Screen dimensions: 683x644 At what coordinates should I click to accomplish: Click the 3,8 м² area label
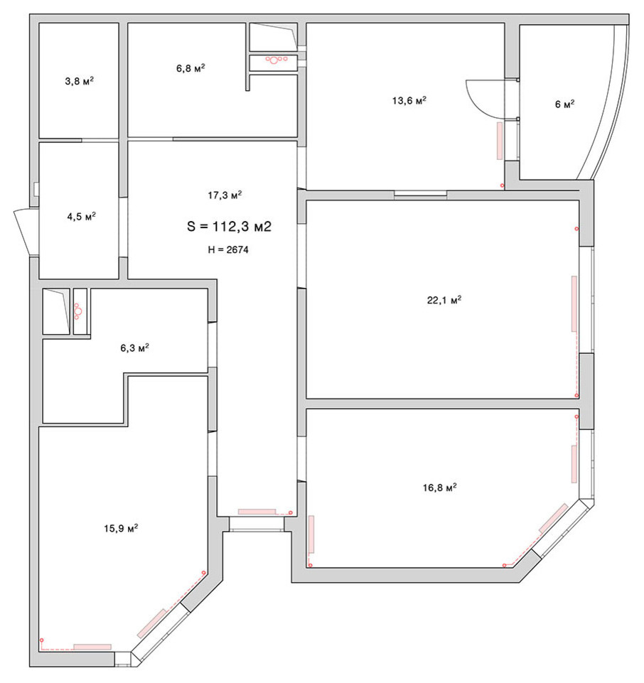tap(79, 81)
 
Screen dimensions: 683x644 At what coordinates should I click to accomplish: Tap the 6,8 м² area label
tap(190, 68)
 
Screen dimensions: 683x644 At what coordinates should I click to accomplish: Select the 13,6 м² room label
tap(409, 101)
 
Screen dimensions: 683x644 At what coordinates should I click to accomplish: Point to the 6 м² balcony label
tap(564, 104)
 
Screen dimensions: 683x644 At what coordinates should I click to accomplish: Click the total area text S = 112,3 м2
tap(230, 227)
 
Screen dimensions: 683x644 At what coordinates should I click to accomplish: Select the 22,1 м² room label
tap(444, 300)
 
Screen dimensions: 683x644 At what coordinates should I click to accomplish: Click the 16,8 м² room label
tap(439, 488)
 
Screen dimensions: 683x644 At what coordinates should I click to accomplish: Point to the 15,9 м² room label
tap(120, 528)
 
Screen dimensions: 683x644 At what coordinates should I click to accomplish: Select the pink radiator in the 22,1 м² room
tap(574, 303)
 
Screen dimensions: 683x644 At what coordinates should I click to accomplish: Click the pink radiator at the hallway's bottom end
tap(257, 511)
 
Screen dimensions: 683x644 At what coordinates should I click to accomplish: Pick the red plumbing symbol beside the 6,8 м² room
tap(275, 60)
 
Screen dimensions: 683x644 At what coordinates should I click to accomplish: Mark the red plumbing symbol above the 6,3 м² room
tap(78, 311)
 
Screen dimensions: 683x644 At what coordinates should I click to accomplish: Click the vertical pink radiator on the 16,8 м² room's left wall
tap(311, 534)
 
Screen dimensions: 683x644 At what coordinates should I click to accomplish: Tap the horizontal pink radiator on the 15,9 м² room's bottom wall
tap(92, 646)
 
